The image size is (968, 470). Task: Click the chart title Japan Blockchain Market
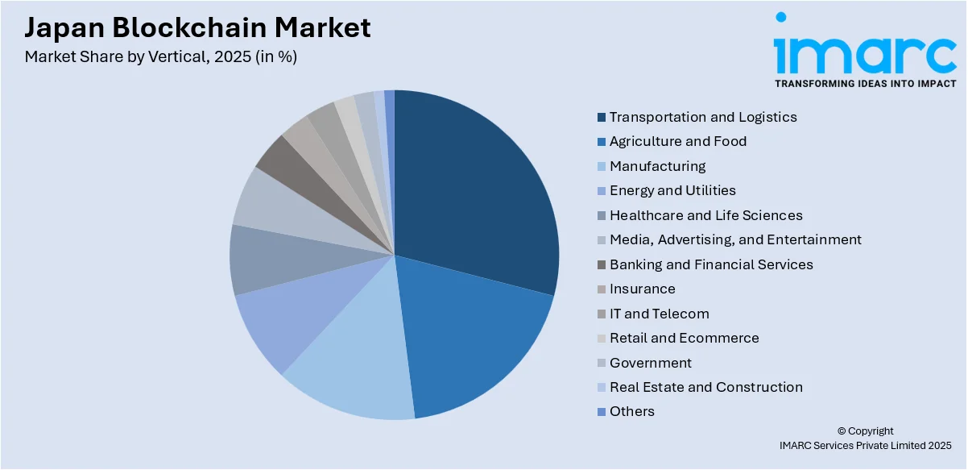[x=197, y=27]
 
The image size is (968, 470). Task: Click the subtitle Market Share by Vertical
[x=161, y=57]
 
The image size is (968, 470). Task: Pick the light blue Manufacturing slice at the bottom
[x=354, y=371]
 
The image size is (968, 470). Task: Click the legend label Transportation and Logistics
[x=702, y=117]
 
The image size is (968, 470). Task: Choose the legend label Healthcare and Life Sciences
[x=705, y=215]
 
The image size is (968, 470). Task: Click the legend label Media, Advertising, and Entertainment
[x=734, y=239]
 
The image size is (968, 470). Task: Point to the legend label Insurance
[x=642, y=289]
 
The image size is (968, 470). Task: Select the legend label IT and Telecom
[x=659, y=314]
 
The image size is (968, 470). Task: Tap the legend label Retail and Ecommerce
[x=684, y=338]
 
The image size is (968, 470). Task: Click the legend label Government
[x=650, y=363]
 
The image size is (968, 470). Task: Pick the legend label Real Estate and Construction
[x=705, y=387]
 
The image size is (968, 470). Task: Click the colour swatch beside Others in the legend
[x=602, y=412]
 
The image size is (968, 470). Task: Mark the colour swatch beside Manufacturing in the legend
[x=602, y=167]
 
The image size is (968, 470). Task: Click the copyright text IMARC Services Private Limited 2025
[x=865, y=445]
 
